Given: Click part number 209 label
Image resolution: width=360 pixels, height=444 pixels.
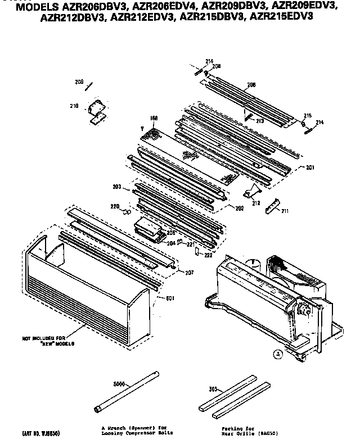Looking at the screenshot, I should (79, 82).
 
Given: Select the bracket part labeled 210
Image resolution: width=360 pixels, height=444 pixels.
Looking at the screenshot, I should (96, 111).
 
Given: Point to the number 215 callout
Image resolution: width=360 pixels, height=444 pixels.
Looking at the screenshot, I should (308, 116).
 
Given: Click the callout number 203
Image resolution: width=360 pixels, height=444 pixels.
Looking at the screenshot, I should (117, 187).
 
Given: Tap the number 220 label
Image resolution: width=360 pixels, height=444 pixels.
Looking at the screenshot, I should (115, 207).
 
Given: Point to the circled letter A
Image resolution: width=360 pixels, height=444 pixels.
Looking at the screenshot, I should (277, 354).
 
